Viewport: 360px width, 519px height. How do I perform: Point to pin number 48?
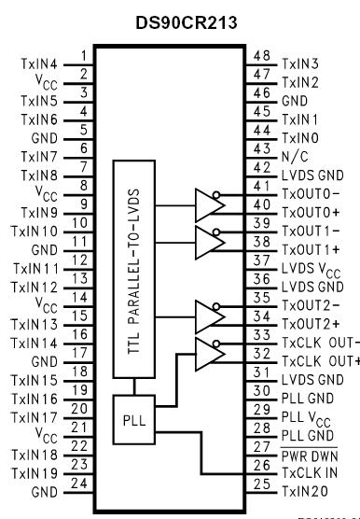coord(262,56)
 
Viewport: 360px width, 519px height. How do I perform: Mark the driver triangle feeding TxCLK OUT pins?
coord(207,353)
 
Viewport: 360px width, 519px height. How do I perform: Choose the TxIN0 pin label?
coord(298,139)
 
